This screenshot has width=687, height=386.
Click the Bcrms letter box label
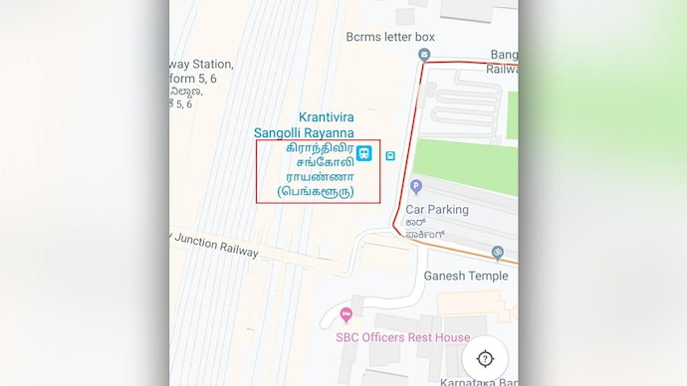[390, 37]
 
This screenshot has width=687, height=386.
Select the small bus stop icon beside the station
[391, 154]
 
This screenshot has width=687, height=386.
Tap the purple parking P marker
[416, 186]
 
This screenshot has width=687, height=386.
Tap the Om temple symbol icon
[498, 253]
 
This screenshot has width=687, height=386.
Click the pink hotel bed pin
[345, 316]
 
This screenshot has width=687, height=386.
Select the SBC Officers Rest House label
[402, 337]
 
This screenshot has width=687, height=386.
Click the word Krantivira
[327, 116]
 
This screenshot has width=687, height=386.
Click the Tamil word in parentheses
[316, 191]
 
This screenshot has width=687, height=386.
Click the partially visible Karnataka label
[480, 381]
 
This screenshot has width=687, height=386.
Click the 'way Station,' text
[201, 61]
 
